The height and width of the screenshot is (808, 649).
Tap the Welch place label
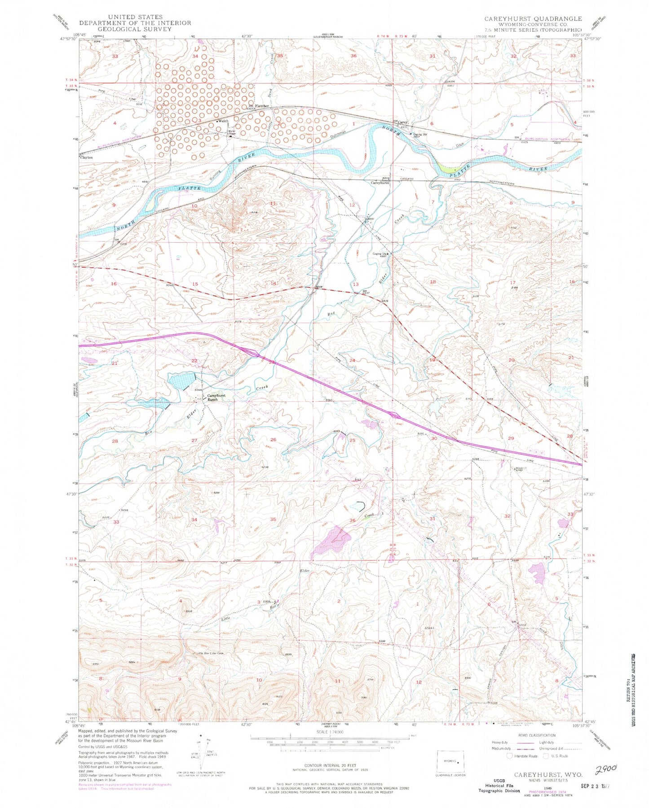point(223,121)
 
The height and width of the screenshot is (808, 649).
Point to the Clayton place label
point(86,157)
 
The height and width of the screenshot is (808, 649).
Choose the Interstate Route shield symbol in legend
point(509,756)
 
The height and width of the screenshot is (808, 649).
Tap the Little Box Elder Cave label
point(208,653)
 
